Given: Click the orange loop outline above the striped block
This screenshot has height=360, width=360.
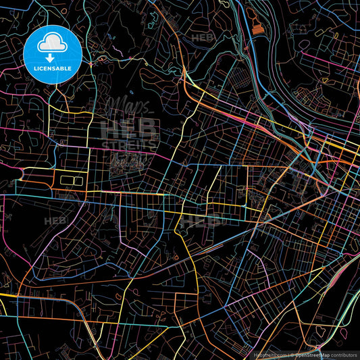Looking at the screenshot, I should point(251,13).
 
